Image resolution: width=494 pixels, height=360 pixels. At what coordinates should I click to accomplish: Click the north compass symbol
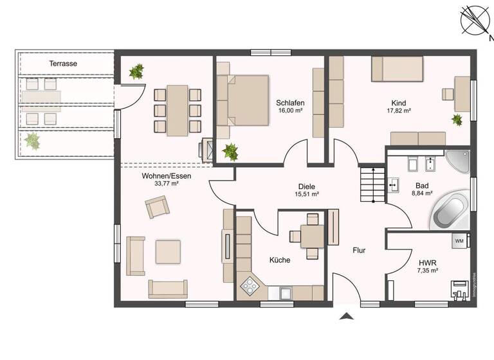[x=475, y=20]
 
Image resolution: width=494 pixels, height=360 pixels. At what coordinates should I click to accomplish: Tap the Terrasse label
[x=63, y=64]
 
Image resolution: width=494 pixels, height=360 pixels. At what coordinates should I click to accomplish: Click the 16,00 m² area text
[x=290, y=111]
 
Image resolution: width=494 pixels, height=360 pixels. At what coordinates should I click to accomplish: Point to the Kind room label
[x=399, y=103]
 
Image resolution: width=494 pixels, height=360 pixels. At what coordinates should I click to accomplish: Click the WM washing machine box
[x=459, y=240]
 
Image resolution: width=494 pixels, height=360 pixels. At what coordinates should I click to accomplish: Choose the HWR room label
[x=428, y=263]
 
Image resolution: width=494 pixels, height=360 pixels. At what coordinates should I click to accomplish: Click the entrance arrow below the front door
[x=347, y=316]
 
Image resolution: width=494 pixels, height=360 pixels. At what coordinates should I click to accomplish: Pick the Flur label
[x=358, y=250]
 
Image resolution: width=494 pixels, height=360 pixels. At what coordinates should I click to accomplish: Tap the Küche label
[x=280, y=260]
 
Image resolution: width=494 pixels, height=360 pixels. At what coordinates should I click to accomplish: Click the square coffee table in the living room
[x=168, y=251]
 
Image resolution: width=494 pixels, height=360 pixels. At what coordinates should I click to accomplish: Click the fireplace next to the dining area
[x=208, y=148]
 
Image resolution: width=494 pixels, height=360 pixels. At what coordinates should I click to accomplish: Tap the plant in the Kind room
[x=457, y=120]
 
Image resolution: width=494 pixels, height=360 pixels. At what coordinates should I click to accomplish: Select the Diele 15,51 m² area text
[x=307, y=194]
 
